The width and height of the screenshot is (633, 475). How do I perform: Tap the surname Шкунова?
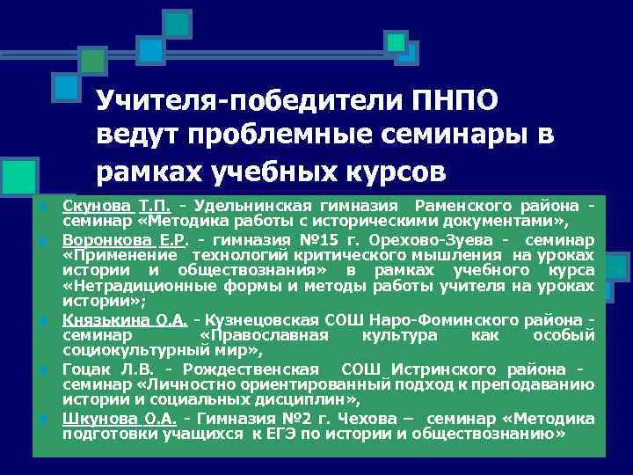[x=94, y=418]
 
